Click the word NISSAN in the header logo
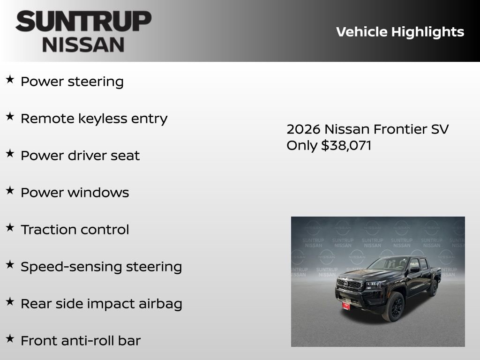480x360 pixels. tap(83, 45)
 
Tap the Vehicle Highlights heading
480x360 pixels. tap(400, 32)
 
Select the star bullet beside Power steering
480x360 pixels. tap(10, 80)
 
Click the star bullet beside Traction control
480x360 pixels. tap(10, 228)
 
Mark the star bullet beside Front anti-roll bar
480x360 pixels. tap(10, 339)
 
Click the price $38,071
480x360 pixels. tap(346, 145)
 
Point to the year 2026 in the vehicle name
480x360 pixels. tap(303, 129)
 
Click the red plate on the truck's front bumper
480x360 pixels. tap(346, 305)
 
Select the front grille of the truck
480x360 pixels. tap(349, 285)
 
